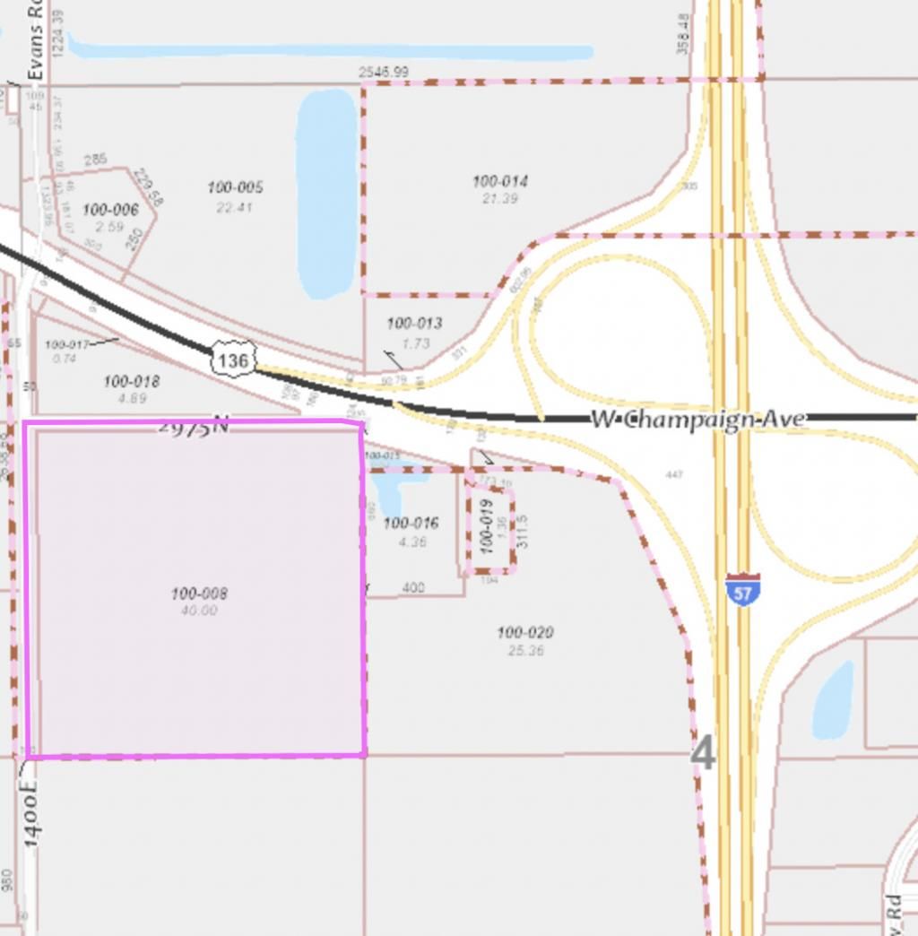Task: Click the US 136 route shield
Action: point(233,360)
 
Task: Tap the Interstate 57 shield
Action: point(743,590)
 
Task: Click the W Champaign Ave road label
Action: point(697,419)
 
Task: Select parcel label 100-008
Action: point(199,594)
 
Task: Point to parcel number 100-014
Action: point(500,181)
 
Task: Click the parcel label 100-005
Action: point(235,187)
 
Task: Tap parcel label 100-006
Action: point(110,210)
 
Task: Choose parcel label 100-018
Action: point(132,382)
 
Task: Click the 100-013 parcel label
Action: point(414,324)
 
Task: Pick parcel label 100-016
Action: point(411,524)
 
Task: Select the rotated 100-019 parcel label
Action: point(487,525)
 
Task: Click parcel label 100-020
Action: point(525,633)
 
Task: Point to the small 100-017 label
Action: point(66,344)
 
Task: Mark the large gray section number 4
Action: point(704,754)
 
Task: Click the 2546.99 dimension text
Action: point(384,72)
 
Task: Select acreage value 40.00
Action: point(198,611)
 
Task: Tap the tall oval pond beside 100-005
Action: point(326,193)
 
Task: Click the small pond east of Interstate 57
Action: point(833,699)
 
